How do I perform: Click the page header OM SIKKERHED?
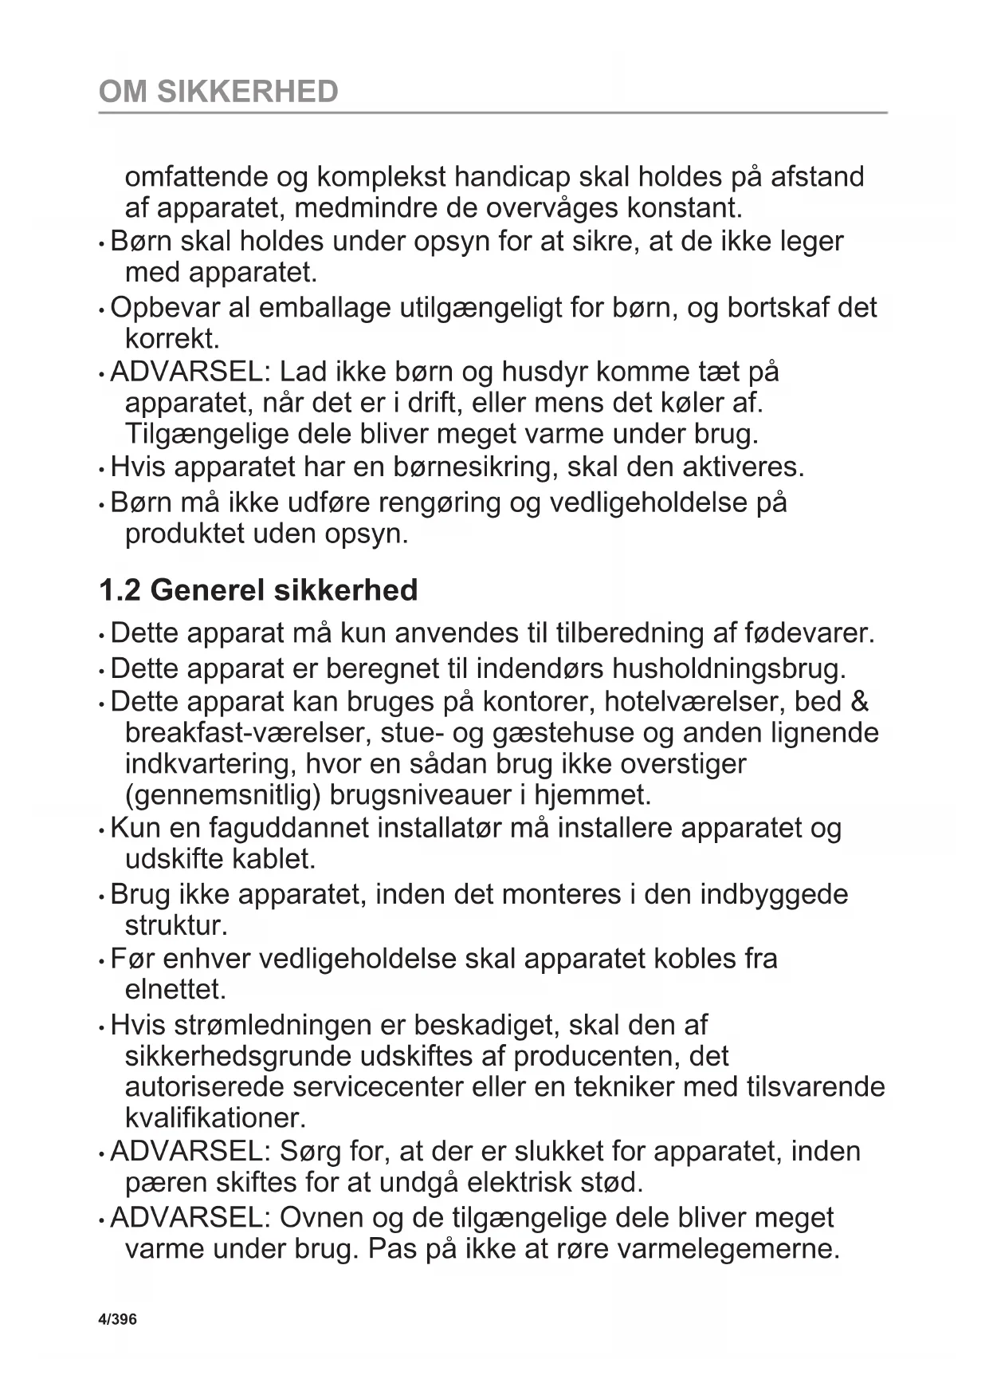pos(218,92)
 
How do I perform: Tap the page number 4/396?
pos(117,1319)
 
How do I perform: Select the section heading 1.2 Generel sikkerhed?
pos(258,590)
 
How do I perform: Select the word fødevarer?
pos(809,633)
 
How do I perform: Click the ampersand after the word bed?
pos(860,701)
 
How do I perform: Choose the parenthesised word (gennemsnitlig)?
pos(222,795)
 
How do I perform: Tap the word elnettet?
pos(175,990)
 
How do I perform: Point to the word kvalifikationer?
pos(215,1118)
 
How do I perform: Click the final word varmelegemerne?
pos(728,1248)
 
